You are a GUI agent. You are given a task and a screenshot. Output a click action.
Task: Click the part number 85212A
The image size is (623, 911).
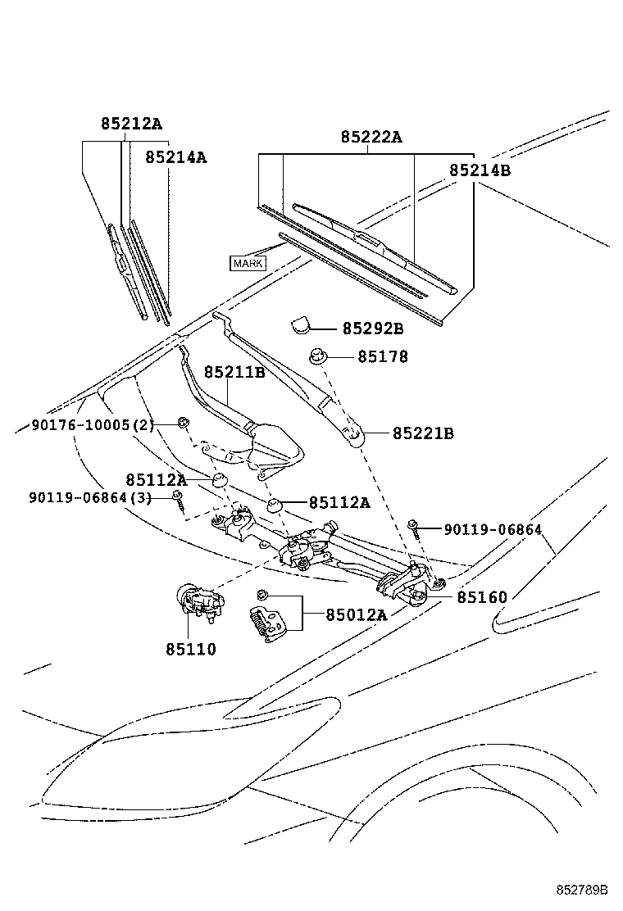tap(131, 124)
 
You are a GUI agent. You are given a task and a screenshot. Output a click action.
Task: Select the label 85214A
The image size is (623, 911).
tap(175, 157)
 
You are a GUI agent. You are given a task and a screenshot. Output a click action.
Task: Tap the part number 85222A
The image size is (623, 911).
tap(371, 138)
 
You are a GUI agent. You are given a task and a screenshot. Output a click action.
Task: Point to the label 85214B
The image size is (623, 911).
tap(479, 170)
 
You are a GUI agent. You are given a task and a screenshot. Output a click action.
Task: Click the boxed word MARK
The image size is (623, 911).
tap(248, 263)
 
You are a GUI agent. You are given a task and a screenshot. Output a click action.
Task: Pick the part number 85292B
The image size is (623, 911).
tap(372, 329)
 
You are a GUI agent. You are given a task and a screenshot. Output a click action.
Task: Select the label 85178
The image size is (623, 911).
tap(382, 357)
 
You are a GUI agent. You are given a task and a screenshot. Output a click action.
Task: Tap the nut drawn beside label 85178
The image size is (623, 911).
tap(317, 357)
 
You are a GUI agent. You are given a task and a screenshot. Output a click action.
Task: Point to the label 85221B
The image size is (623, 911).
tap(422, 433)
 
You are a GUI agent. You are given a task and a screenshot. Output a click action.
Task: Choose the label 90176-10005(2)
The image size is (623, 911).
tap(93, 424)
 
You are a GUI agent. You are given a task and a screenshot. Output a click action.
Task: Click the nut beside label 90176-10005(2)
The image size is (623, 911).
tap(183, 423)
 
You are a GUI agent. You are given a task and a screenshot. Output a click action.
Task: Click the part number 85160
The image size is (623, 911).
tap(482, 597)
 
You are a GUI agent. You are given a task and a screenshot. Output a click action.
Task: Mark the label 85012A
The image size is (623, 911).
tap(356, 614)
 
